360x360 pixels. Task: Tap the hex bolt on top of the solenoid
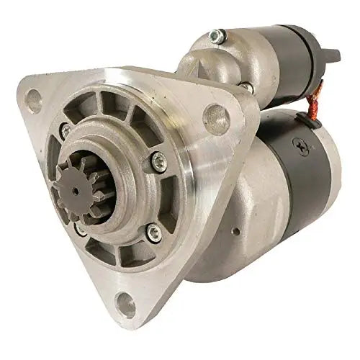215,34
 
